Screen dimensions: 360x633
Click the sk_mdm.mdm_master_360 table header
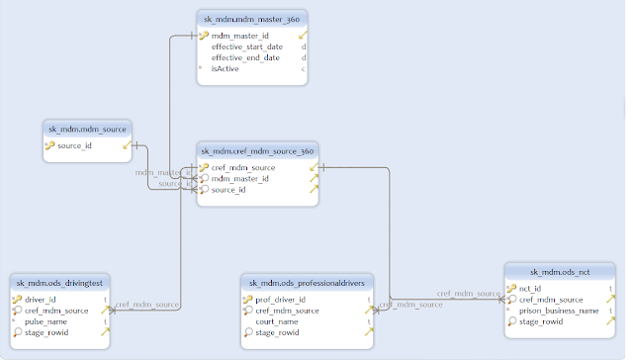252,18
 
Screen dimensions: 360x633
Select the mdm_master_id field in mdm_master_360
240,35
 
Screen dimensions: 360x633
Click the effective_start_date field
247,46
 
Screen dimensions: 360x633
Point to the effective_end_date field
246,57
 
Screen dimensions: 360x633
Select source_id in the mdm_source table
75,145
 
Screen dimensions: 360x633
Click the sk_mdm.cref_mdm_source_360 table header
257,150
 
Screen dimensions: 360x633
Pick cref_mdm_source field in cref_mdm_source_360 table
243,167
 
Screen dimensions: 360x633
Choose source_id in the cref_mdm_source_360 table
228,189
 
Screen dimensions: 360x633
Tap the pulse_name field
45,320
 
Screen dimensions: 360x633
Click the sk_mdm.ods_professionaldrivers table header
307,282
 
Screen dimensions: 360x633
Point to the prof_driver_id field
281,299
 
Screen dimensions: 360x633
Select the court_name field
278,320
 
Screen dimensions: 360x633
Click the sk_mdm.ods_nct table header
564,271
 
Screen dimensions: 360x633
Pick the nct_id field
530,288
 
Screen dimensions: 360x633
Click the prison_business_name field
560,310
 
